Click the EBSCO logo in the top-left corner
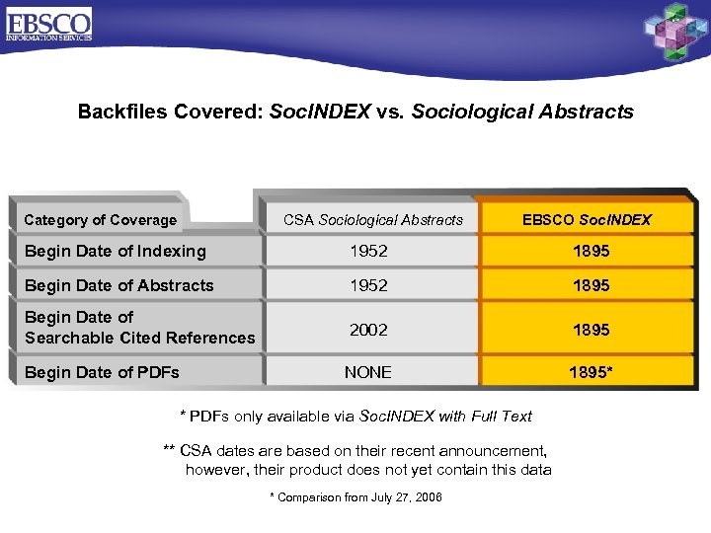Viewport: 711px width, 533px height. [x=48, y=25]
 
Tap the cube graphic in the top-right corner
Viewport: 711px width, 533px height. [x=675, y=32]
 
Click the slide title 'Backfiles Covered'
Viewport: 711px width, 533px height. [x=355, y=112]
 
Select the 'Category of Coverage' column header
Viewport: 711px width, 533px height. [x=100, y=220]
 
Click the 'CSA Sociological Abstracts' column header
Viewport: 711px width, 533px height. [x=372, y=220]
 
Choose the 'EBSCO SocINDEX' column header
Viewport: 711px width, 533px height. [x=587, y=220]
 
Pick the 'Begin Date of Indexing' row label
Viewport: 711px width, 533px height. [x=115, y=251]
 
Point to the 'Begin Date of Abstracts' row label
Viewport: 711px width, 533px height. [x=118, y=285]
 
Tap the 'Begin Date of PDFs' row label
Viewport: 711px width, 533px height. [x=102, y=372]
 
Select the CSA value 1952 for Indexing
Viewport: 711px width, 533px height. [x=368, y=251]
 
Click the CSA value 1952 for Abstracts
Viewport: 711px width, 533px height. [x=368, y=285]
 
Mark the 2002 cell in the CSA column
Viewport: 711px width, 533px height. [x=368, y=330]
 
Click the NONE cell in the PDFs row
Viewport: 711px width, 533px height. [x=368, y=372]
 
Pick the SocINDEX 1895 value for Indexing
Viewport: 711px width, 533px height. [x=590, y=251]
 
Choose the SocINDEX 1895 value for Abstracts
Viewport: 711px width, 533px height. [x=590, y=285]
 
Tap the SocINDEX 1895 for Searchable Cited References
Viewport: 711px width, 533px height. [x=590, y=330]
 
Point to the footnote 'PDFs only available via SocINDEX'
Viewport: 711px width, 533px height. [x=355, y=416]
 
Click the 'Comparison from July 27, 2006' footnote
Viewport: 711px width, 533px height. [x=355, y=497]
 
